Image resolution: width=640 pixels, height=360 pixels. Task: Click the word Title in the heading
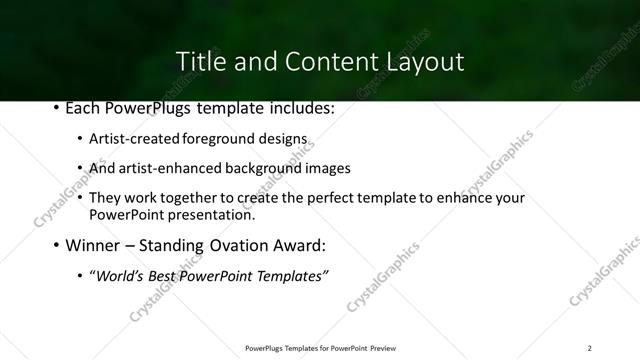(x=201, y=62)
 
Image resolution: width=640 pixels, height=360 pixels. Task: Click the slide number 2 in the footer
(x=589, y=347)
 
